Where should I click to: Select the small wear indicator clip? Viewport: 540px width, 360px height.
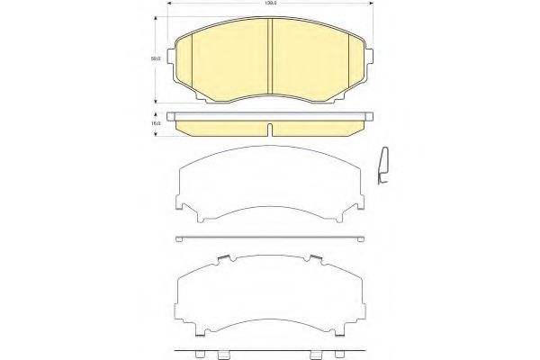point(382,167)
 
